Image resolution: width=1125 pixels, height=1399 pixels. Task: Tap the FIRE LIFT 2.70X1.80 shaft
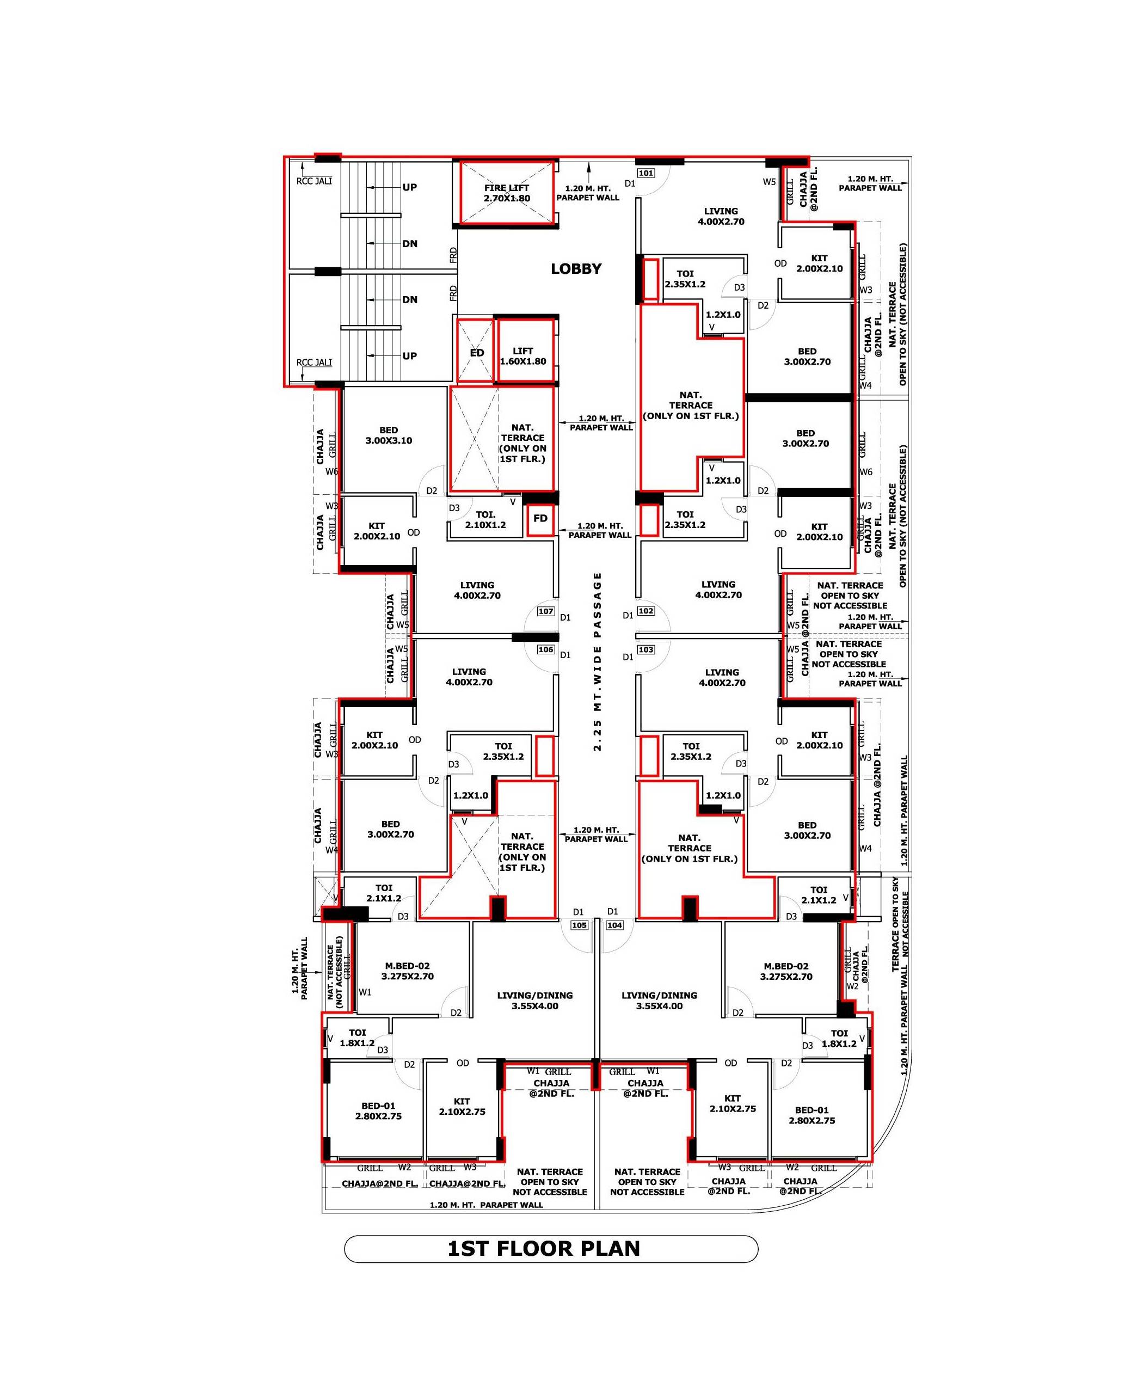(507, 192)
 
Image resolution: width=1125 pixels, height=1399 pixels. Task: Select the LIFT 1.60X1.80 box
(524, 351)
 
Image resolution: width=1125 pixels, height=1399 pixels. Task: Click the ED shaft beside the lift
(476, 351)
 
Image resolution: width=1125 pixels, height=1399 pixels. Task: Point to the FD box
(540, 520)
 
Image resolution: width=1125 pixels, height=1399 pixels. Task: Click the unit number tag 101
(646, 173)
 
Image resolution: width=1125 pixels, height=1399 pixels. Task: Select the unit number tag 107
(546, 611)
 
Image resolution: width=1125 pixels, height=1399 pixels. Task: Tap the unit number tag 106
(546, 649)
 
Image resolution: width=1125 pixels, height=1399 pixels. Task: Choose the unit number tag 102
(646, 611)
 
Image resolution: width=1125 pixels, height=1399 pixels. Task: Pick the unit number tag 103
(646, 649)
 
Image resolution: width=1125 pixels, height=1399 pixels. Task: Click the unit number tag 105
(579, 925)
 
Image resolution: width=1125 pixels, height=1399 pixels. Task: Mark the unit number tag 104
(614, 925)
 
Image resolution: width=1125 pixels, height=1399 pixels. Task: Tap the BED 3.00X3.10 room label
(389, 435)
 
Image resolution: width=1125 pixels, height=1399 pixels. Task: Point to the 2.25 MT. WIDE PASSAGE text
(598, 661)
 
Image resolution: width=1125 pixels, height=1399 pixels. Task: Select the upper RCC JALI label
(314, 181)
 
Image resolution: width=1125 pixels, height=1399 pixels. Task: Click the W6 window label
(331, 472)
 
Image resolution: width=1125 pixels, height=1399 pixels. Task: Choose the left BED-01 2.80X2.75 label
(378, 1112)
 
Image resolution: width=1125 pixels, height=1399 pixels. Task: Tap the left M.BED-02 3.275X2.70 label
(408, 971)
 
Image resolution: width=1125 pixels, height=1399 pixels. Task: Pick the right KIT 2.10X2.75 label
(733, 1104)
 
